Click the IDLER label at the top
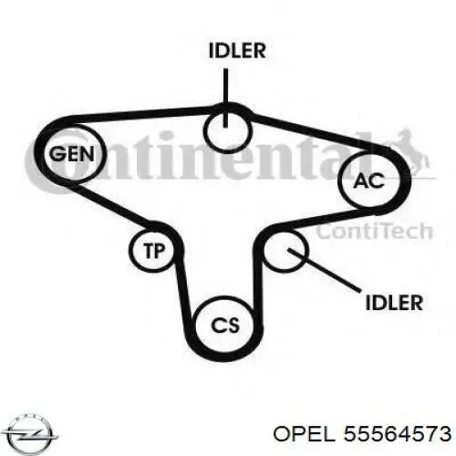(237, 50)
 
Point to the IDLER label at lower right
(394, 303)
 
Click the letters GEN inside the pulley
(72, 154)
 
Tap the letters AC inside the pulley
(369, 181)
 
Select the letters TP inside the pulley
(154, 251)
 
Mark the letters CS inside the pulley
(225, 326)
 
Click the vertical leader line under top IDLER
(225, 98)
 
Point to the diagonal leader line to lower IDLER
(325, 271)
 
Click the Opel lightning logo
(32, 433)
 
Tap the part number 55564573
(397, 433)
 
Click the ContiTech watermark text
(375, 231)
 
